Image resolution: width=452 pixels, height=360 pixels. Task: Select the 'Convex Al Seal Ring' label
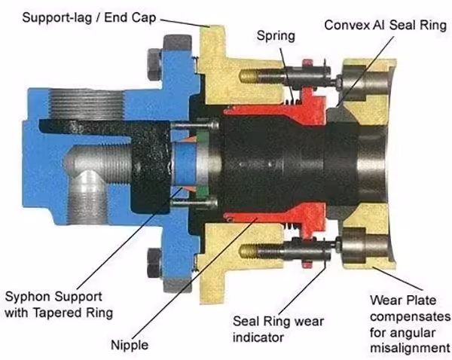(379, 24)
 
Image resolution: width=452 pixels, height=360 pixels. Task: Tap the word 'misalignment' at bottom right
(411, 348)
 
